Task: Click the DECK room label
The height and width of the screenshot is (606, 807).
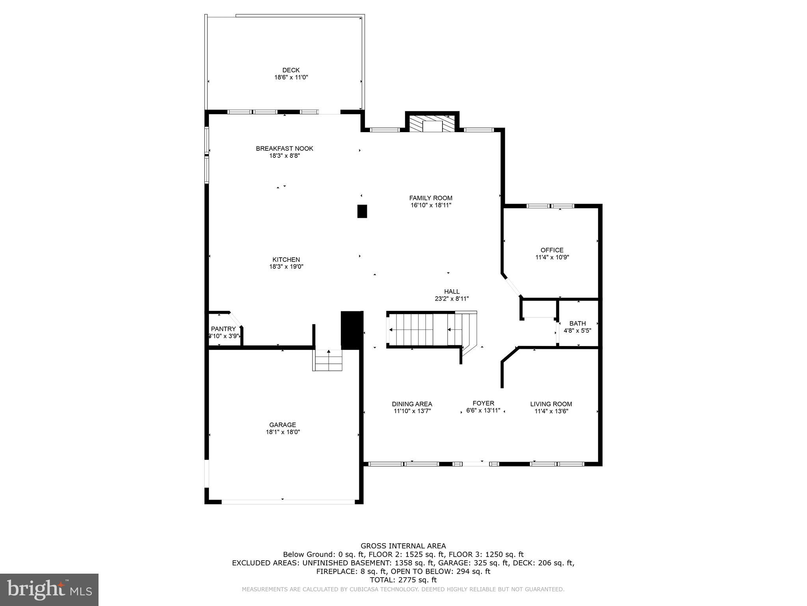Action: (291, 70)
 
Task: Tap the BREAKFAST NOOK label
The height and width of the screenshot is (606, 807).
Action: (284, 149)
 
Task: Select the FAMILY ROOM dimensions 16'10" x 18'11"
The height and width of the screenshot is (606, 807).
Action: (431, 205)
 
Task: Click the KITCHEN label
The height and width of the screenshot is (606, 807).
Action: (286, 260)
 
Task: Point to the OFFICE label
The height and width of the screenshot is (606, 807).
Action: (552, 250)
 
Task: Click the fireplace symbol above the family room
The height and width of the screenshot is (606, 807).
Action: (432, 124)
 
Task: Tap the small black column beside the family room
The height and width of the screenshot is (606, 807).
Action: (362, 211)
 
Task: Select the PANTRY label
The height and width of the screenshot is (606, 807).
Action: (223, 329)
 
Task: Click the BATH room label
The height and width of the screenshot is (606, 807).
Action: (577, 324)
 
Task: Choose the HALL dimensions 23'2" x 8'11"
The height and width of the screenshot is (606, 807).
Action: (452, 299)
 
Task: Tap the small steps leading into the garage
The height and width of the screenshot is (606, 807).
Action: (328, 360)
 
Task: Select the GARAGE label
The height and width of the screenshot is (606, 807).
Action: (283, 425)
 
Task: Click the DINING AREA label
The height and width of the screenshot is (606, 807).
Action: (412, 404)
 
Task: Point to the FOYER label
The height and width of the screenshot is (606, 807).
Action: (483, 403)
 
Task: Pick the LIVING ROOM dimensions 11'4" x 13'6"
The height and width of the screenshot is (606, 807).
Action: (551, 411)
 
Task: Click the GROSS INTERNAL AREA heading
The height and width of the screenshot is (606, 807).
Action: (403, 546)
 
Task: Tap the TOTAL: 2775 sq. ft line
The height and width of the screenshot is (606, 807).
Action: (403, 580)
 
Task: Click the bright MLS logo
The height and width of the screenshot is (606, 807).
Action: (49, 589)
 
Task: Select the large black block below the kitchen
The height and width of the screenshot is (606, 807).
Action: (351, 330)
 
